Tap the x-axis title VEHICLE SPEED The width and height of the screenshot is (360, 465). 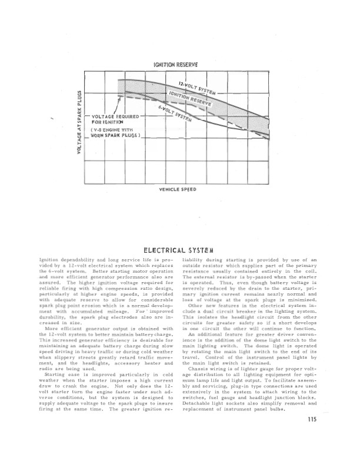(178, 190)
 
